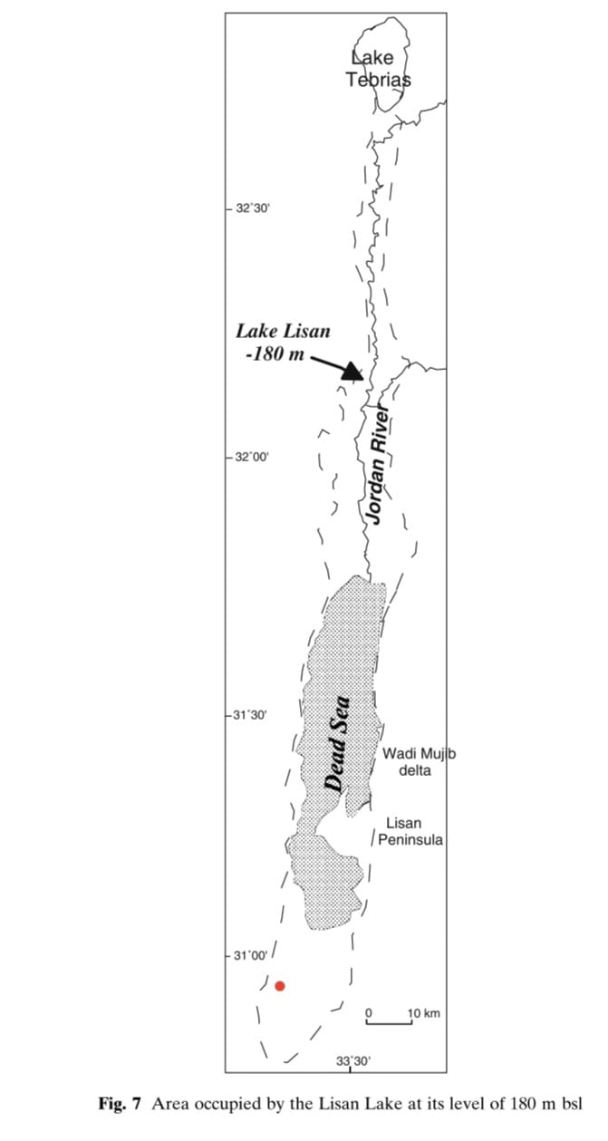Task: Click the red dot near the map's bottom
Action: (280, 986)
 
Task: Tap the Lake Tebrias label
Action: (379, 68)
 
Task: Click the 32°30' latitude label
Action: (253, 208)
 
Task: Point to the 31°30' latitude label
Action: (250, 715)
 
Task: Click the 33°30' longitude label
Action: (352, 1061)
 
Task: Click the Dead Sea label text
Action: (338, 743)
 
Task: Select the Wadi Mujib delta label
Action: (420, 761)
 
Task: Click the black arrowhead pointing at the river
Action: (353, 372)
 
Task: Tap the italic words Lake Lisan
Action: (283, 332)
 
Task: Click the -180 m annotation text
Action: (275, 353)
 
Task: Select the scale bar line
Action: (389, 1022)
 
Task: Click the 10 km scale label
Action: (424, 1012)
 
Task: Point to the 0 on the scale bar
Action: (369, 1012)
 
